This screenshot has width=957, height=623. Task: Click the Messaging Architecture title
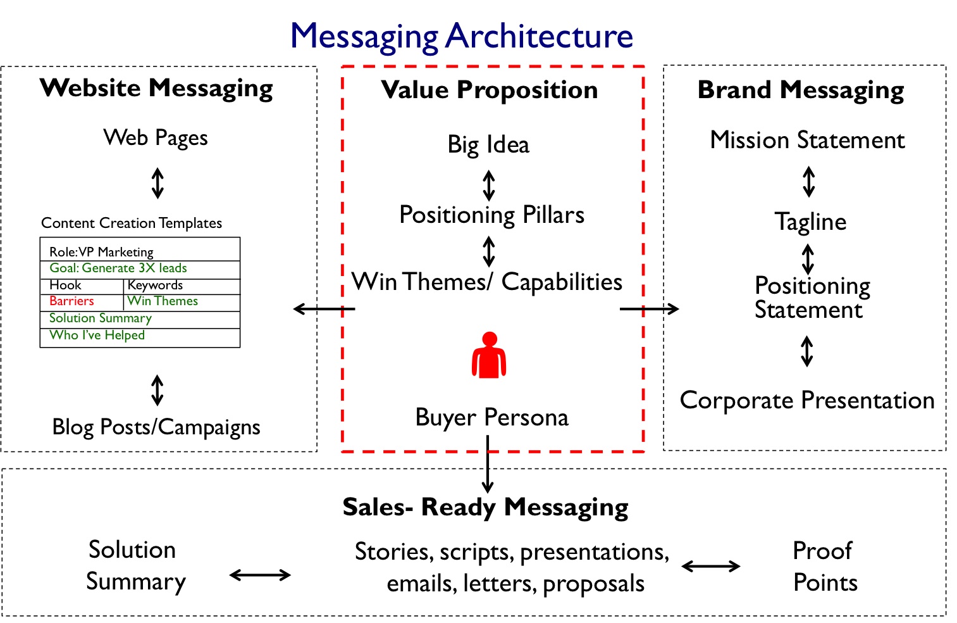tap(461, 36)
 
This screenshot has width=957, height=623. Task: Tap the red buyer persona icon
tap(488, 356)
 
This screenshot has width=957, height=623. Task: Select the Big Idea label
tap(488, 145)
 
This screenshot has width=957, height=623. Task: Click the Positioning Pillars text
tap(491, 215)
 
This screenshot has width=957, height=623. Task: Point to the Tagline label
tap(810, 222)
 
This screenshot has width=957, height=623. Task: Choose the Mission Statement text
tap(807, 140)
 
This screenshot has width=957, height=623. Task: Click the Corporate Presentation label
tap(806, 401)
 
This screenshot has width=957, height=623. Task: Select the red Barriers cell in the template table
tap(71, 301)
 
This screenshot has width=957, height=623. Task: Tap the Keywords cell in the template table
tap(155, 285)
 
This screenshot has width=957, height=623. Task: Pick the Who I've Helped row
tap(97, 336)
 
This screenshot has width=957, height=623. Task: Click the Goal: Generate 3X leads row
tap(118, 268)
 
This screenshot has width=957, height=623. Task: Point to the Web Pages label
tap(156, 138)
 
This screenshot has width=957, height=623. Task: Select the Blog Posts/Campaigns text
tap(156, 427)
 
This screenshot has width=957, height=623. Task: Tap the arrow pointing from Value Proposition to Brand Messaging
tap(649, 309)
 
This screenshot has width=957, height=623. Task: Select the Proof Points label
tap(825, 566)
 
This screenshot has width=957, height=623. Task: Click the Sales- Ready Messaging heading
tap(485, 507)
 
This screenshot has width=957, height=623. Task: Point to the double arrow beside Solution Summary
tap(260, 575)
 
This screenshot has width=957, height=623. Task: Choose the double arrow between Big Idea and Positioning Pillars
tap(488, 186)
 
